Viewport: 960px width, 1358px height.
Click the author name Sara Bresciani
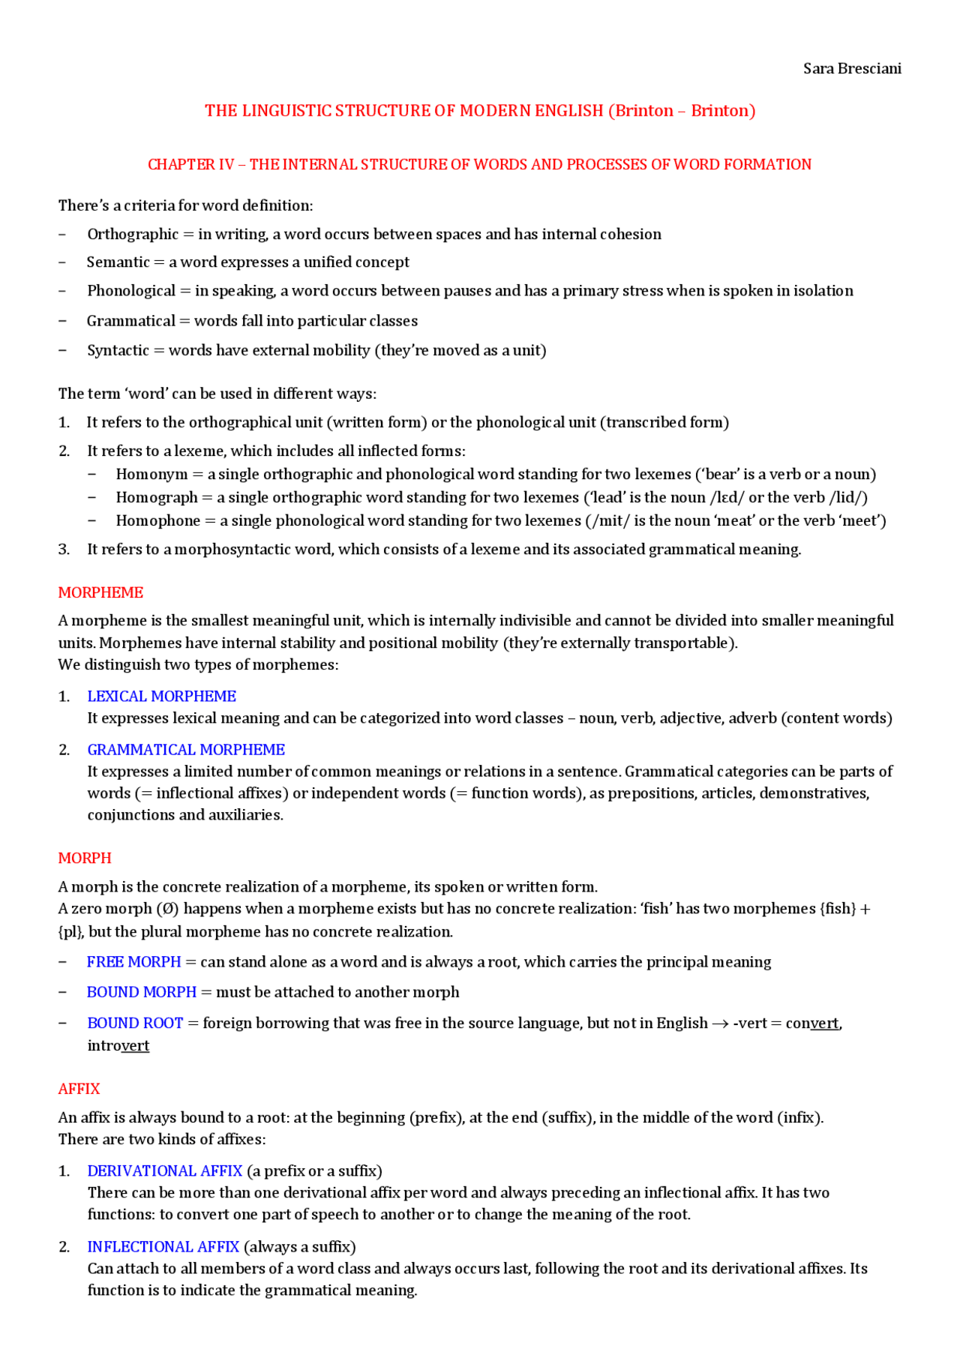click(x=852, y=69)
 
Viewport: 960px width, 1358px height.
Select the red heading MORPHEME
click(x=100, y=592)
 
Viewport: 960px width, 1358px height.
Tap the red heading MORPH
click(x=85, y=858)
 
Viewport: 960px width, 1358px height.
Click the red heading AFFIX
click(x=79, y=1089)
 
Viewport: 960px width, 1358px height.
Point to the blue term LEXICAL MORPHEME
click(x=161, y=697)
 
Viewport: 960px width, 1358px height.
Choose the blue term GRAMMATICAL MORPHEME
click(x=186, y=750)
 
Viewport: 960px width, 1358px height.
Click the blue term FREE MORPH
click(x=133, y=962)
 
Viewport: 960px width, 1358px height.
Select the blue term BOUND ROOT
click(x=135, y=1024)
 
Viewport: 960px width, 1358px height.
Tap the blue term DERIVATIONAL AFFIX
click(x=165, y=1171)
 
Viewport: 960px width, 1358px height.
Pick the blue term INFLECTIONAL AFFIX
click(x=163, y=1247)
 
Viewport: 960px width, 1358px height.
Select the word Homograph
click(x=156, y=498)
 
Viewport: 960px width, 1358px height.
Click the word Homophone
click(x=157, y=521)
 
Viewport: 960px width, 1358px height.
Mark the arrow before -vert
click(x=720, y=1024)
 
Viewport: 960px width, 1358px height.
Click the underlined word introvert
click(x=118, y=1046)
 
